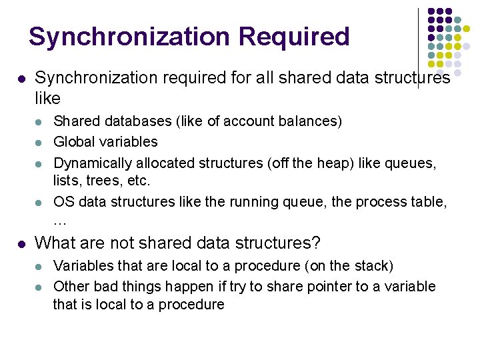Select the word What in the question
pos(52,243)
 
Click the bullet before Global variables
pos(39,142)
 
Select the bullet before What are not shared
pos(21,243)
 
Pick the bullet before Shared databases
pos(39,122)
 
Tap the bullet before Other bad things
pos(39,287)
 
